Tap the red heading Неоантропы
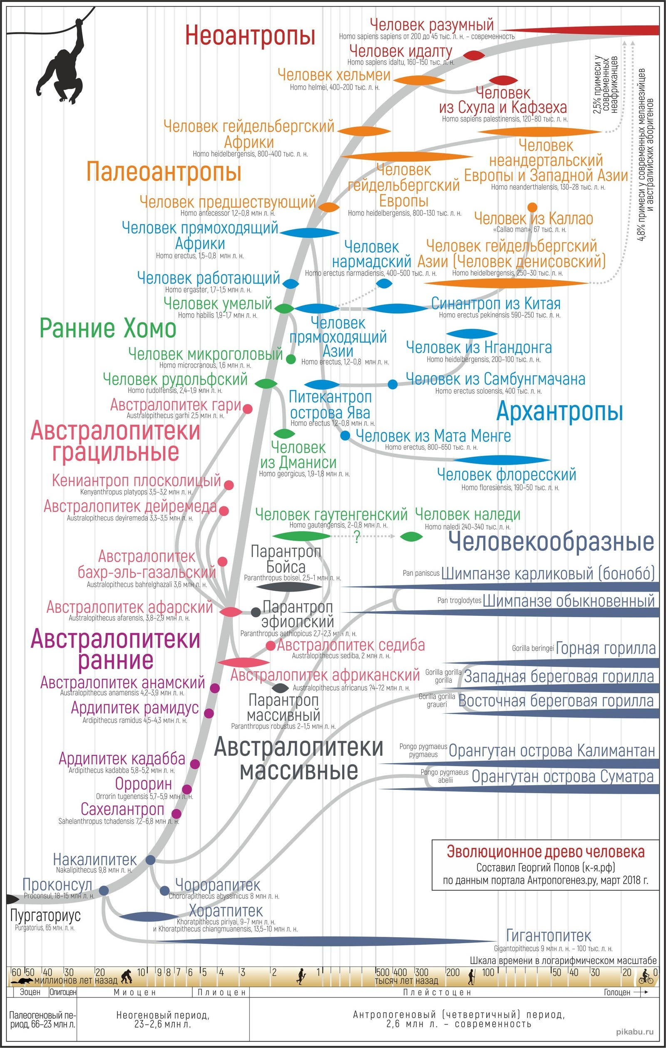pyautogui.click(x=250, y=35)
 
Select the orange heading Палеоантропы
pyautogui.click(x=164, y=171)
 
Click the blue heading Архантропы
pyautogui.click(x=559, y=411)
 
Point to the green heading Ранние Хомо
pyautogui.click(x=108, y=329)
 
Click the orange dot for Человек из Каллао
pyautogui.click(x=532, y=207)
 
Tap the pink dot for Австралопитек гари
pyautogui.click(x=247, y=409)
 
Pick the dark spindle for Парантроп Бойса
pyautogui.click(x=289, y=587)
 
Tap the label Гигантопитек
pyautogui.click(x=548, y=935)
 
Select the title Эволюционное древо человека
pyautogui.click(x=546, y=851)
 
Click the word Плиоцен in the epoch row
pyautogui.click(x=222, y=992)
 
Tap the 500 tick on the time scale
pyautogui.click(x=382, y=972)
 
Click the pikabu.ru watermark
pyautogui.click(x=635, y=1031)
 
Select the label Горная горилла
pyautogui.click(x=606, y=648)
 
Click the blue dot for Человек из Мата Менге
pyautogui.click(x=345, y=435)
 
